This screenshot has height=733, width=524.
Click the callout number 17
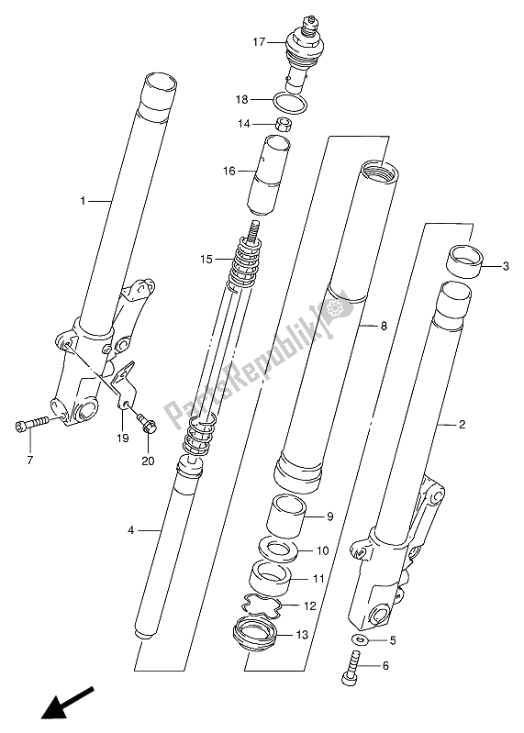click(x=259, y=42)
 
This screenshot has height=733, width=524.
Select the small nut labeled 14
click(x=282, y=125)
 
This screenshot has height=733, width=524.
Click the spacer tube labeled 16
click(x=268, y=175)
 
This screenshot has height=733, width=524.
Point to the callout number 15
click(x=206, y=259)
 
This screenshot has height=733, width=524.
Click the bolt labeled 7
click(x=31, y=424)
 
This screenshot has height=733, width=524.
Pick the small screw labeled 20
click(x=147, y=422)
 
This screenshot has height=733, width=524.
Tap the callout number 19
click(x=123, y=438)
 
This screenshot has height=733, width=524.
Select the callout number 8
click(x=384, y=326)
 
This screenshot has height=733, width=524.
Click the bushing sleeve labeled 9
click(x=286, y=516)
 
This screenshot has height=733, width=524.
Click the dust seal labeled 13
click(x=255, y=634)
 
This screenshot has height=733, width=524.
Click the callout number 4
click(x=131, y=530)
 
